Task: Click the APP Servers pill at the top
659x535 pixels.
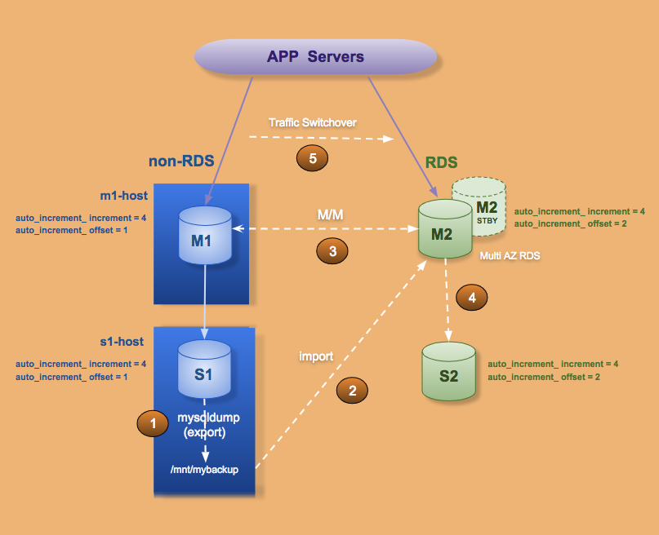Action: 315,58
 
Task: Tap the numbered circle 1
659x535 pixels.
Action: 152,422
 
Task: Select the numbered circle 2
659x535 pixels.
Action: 353,391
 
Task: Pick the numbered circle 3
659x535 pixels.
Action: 332,252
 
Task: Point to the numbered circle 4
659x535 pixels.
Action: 472,298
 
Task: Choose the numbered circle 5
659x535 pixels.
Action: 311,158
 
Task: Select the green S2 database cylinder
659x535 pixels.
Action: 448,372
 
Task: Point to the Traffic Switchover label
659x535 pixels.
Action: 313,122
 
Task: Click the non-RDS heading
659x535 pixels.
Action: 181,161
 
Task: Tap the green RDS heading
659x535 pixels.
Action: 441,162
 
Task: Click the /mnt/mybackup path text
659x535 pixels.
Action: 204,470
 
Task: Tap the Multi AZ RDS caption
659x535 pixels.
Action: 509,256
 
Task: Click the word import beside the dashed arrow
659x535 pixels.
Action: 316,356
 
